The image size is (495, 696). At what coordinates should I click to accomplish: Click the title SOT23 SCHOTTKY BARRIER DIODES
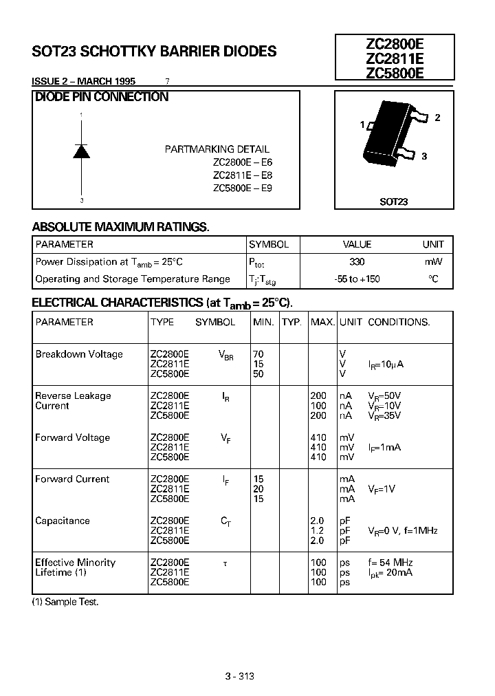[x=155, y=52]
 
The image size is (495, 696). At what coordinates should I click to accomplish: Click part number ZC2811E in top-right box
[x=395, y=58]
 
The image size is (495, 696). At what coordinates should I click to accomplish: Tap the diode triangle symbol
[x=82, y=151]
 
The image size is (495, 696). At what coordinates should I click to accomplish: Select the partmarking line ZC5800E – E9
[x=243, y=188]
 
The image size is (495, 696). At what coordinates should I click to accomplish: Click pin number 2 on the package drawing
[x=437, y=118]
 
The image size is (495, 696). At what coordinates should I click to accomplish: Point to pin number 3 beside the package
[x=424, y=156]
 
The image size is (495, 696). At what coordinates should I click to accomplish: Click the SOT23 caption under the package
[x=393, y=202]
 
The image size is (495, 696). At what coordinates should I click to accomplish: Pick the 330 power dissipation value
[x=357, y=262]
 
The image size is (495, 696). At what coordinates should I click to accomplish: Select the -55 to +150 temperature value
[x=357, y=279]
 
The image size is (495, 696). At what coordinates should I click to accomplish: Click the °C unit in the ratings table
[x=433, y=279]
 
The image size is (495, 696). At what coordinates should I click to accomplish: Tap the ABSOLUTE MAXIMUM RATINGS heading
[x=120, y=227]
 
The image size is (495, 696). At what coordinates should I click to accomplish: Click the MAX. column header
[x=322, y=322]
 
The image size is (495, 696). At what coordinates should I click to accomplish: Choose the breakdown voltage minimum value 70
[x=258, y=354]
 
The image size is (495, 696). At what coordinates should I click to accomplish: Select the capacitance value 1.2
[x=318, y=531]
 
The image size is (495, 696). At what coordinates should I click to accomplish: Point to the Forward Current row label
[x=72, y=479]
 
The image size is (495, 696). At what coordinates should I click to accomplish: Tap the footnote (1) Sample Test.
[x=65, y=602]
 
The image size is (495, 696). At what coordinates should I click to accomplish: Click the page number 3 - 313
[x=239, y=676]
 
